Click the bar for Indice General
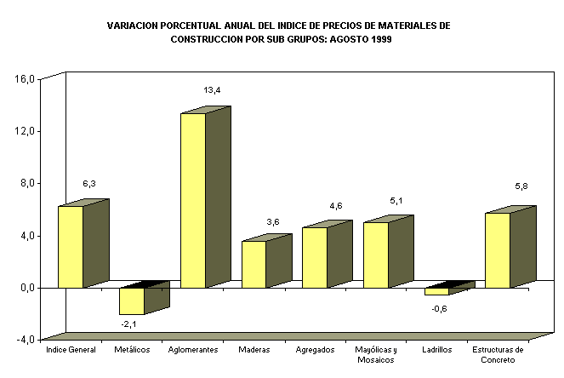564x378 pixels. coord(71,247)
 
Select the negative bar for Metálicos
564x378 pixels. coord(132,301)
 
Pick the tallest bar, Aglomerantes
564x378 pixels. coord(193,200)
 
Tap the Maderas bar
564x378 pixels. coord(254,264)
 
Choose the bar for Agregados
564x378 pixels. coord(315,257)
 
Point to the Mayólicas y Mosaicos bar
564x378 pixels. coord(376,255)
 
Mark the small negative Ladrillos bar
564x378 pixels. coord(436,291)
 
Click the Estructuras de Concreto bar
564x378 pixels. coord(498,250)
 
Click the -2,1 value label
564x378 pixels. coord(129,324)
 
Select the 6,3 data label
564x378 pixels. coord(89,183)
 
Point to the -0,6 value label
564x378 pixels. coord(439,307)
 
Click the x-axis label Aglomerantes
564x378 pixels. coord(193,350)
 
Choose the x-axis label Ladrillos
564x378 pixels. coord(437,350)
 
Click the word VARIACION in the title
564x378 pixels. coord(130,26)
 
